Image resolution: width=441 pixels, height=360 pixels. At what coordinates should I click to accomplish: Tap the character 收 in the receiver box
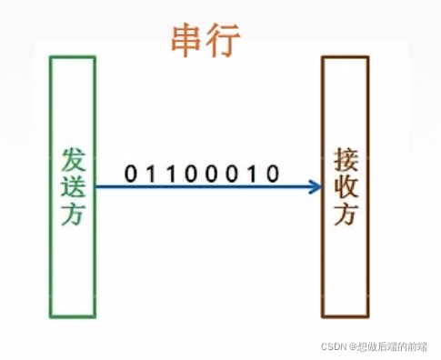tap(346, 187)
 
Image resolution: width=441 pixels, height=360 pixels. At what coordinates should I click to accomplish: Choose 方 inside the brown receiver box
tap(346, 216)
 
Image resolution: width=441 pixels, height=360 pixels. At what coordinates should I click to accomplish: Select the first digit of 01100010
tap(130, 172)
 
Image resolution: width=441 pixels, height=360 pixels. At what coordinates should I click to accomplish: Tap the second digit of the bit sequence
tap(151, 172)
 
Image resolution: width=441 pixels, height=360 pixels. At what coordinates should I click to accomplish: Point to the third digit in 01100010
tap(171, 172)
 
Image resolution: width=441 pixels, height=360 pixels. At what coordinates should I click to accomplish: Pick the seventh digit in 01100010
tap(253, 172)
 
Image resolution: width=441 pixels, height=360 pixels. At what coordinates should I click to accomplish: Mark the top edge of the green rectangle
tap(73, 57)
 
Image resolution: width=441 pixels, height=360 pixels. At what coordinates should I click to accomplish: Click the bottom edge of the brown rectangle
tap(346, 316)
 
